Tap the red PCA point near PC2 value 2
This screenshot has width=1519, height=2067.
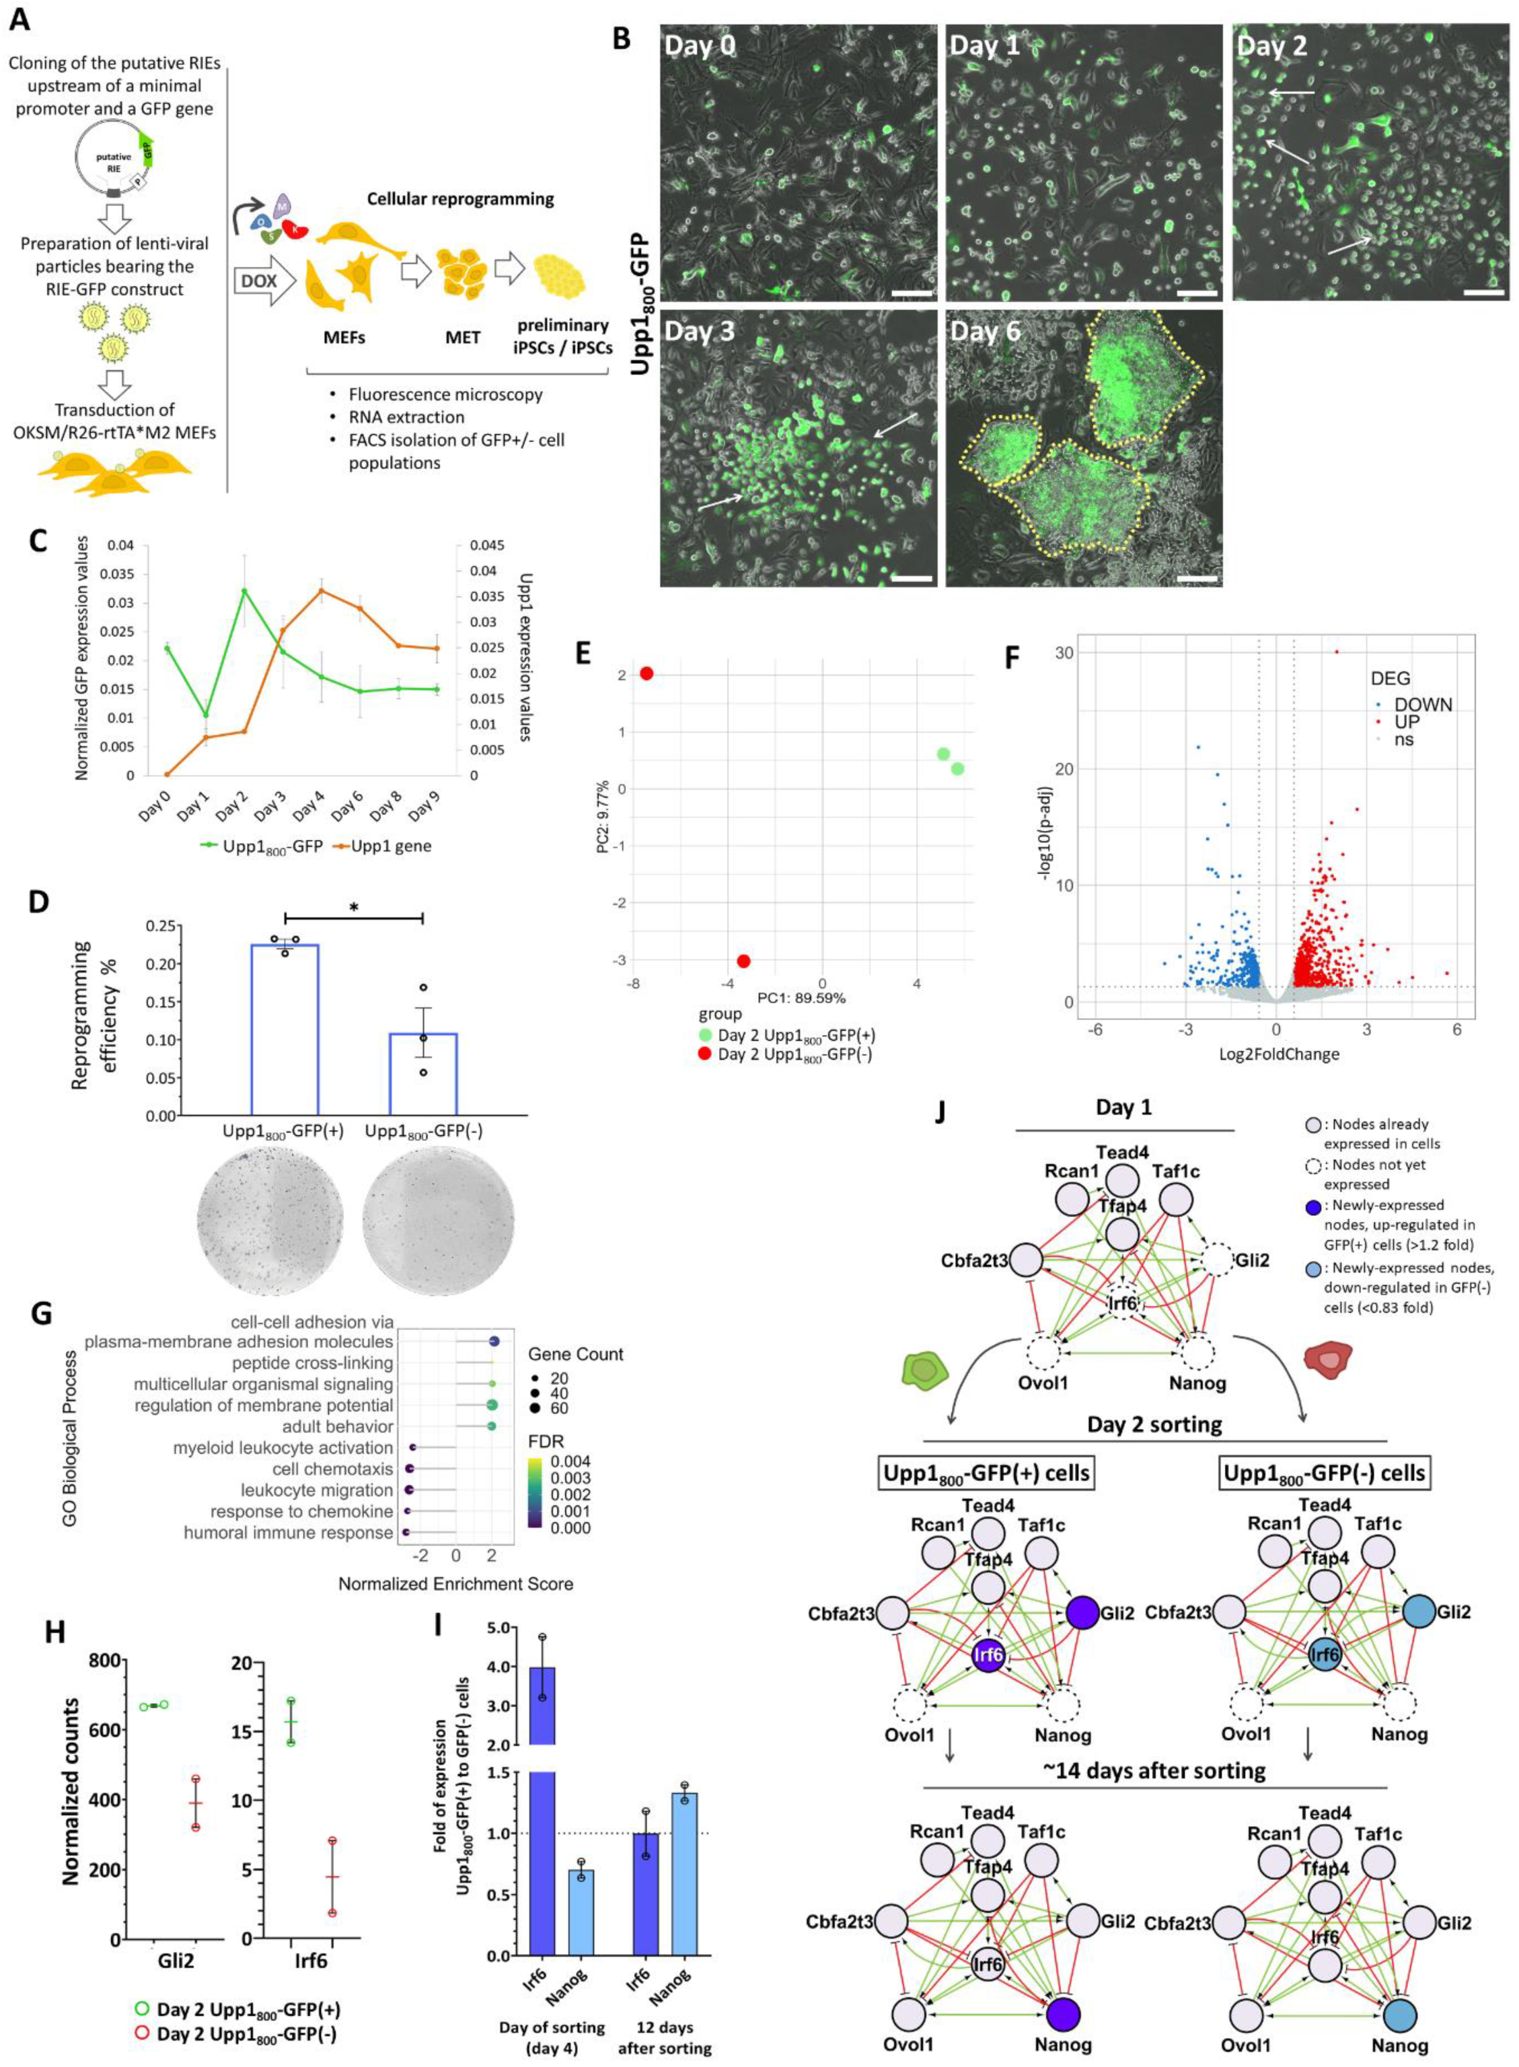pyautogui.click(x=646, y=673)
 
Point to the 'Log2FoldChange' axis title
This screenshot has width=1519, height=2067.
pyautogui.click(x=1278, y=1054)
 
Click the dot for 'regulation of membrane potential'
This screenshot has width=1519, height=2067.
pyautogui.click(x=492, y=1405)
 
